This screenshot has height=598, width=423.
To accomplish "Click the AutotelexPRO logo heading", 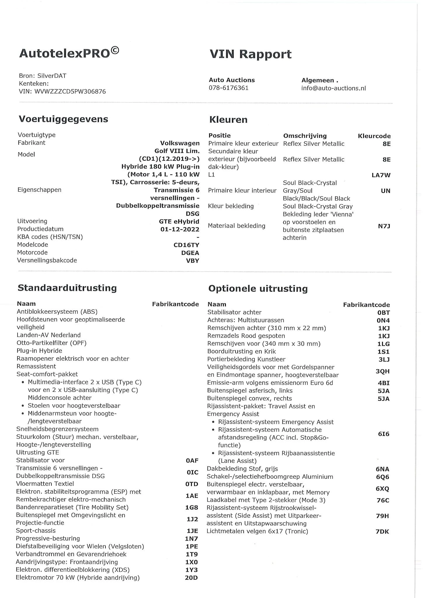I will coord(69,53).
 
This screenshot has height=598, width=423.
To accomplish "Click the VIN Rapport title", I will coord(250,54).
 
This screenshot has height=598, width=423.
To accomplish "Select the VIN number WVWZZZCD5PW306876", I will coord(70,92).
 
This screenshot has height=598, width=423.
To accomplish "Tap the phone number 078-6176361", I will coord(228,88).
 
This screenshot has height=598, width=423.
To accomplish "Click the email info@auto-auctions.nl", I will coord(333,88).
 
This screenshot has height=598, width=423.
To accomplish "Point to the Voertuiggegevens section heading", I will coord(63,119).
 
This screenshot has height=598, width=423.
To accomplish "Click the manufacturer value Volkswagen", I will coord(180,143).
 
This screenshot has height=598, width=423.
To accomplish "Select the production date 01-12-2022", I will coord(180,229).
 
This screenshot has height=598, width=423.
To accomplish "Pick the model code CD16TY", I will coord(186,245).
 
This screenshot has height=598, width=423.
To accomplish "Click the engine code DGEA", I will coord(190,253).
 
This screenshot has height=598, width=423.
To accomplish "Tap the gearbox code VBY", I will coord(193,261).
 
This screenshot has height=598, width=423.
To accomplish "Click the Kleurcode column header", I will coord(374,136).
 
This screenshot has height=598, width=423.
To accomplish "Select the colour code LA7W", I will coord(381,175).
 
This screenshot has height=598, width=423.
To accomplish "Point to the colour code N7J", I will coord(384,226).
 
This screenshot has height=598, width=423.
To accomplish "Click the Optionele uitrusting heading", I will coord(258,289).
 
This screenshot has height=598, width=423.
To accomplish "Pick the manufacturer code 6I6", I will coord(384,434).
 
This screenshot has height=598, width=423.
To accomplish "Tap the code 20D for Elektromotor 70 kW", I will coord(191,578).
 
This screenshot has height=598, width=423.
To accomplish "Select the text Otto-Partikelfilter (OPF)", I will coord(51,343).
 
